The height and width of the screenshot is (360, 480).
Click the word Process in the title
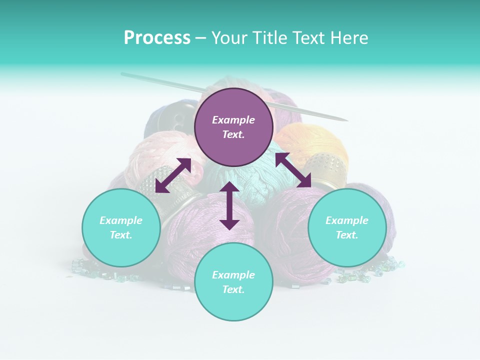[157, 38]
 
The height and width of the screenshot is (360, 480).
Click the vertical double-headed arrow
[229, 205]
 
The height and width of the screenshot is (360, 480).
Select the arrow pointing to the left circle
[173, 175]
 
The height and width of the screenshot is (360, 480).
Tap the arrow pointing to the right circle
[293, 170]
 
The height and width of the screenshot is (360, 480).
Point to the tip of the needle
[346, 120]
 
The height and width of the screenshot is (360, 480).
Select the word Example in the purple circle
[233, 120]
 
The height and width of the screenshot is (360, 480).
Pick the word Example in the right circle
[347, 220]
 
